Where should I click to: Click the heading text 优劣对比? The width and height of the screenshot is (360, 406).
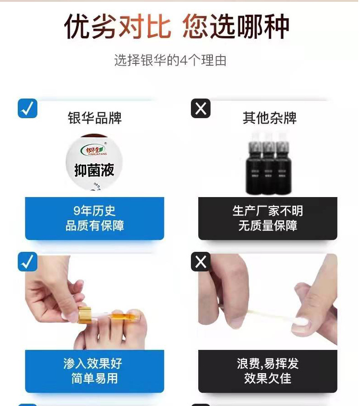tap(118, 27)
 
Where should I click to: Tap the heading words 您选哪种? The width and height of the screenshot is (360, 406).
tap(236, 27)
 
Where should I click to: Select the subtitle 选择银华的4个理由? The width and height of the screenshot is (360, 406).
tap(170, 61)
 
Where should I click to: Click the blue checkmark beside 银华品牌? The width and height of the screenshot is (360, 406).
tap(27, 109)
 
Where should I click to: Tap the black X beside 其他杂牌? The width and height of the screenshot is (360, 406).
tap(201, 109)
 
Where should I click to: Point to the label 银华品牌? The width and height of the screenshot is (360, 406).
tap(95, 119)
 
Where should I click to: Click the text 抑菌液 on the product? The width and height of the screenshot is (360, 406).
tap(94, 171)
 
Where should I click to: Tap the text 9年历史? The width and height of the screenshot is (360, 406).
tap(94, 211)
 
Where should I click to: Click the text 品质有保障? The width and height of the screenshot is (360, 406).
tap(94, 226)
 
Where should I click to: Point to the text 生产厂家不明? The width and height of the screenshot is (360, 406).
tap(267, 211)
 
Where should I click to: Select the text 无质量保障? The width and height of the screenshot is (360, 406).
tap(267, 226)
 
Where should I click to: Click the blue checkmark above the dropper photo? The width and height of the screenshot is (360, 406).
tap(27, 262)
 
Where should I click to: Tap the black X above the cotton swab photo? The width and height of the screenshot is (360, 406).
tap(201, 262)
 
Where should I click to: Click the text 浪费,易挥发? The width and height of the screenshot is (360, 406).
tap(267, 364)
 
